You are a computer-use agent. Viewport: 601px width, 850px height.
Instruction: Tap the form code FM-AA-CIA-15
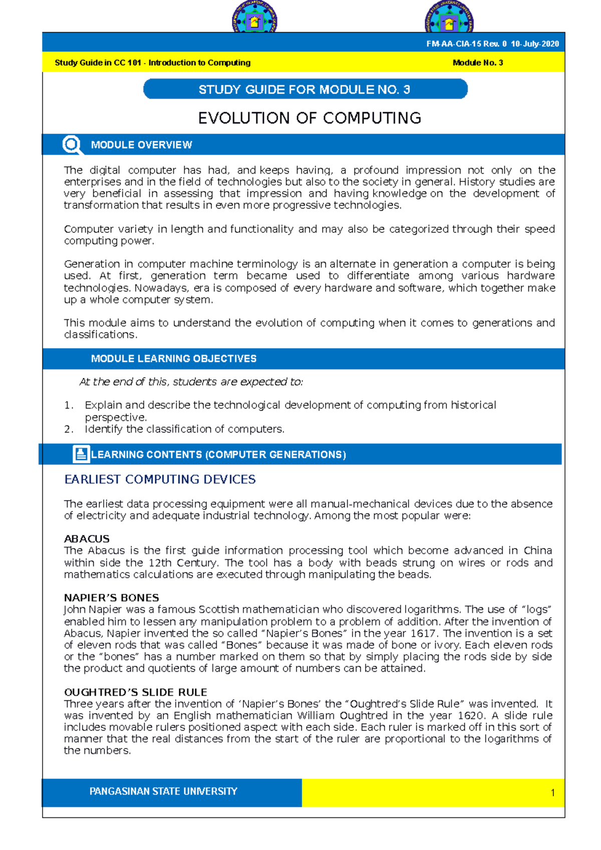tap(453, 44)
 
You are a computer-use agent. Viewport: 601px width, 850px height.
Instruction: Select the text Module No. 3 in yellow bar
tap(477, 63)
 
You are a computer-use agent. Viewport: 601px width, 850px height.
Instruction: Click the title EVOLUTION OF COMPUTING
tap(309, 118)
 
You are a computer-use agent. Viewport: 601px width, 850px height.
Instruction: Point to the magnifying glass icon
tap(72, 145)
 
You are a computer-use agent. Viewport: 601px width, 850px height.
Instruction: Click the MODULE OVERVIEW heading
tap(141, 145)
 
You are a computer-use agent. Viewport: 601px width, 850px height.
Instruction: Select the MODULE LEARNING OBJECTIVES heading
tap(173, 359)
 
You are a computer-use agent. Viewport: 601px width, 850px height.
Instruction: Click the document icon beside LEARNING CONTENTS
tap(81, 454)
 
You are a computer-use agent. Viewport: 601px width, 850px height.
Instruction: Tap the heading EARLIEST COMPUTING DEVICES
tap(160, 480)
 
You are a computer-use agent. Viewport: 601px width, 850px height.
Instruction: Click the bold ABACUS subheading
tap(87, 539)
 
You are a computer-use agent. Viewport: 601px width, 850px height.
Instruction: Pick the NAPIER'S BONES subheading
tap(111, 598)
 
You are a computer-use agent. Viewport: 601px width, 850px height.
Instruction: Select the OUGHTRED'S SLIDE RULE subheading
tap(135, 692)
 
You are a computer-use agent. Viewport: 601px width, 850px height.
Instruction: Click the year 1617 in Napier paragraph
tap(423, 633)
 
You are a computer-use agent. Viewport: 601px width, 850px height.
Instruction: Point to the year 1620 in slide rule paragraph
tap(471, 715)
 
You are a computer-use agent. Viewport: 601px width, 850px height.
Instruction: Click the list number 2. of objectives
tap(69, 430)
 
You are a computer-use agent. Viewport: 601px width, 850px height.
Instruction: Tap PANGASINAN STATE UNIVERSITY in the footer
tap(163, 791)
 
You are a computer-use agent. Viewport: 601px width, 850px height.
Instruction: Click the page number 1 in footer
tap(552, 792)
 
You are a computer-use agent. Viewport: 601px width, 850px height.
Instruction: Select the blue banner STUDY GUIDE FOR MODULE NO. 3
tap(305, 90)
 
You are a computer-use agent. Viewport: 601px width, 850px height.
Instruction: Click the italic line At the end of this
tap(191, 382)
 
